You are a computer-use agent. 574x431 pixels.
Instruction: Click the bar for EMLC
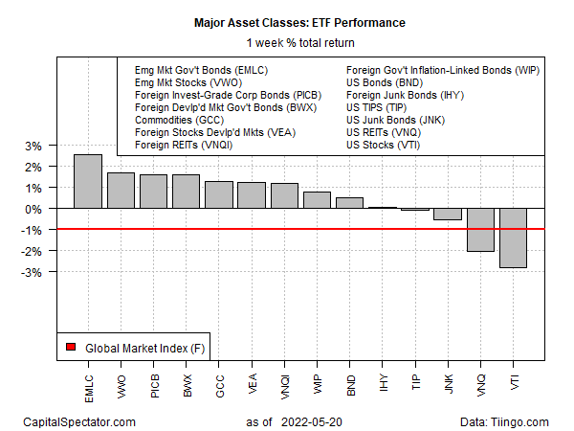pyautogui.click(x=88, y=181)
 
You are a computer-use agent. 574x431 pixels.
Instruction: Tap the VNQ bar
pyautogui.click(x=480, y=229)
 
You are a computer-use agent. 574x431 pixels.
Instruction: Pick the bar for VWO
pyautogui.click(x=121, y=190)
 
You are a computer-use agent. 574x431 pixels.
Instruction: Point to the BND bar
pyautogui.click(x=349, y=202)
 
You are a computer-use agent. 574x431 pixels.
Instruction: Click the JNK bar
pyautogui.click(x=448, y=214)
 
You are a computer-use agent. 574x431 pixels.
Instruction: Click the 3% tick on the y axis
pyautogui.click(x=32, y=146)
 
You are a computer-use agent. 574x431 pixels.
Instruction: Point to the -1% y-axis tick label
pyautogui.click(x=30, y=230)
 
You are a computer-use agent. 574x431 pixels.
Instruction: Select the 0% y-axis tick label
pyautogui.click(x=32, y=209)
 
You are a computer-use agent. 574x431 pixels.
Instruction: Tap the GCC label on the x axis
pyautogui.click(x=219, y=380)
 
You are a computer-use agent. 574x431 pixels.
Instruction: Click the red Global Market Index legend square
pyautogui.click(x=70, y=347)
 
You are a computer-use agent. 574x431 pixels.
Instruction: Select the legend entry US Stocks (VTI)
pyautogui.click(x=383, y=145)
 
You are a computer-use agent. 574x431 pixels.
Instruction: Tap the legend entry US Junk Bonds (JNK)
pyautogui.click(x=395, y=120)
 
